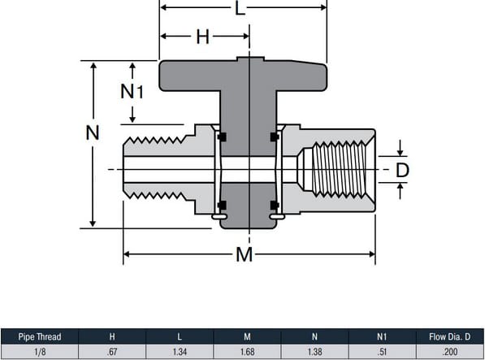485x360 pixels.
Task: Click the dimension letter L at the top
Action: pyautogui.click(x=239, y=10)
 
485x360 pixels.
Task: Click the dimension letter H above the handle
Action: pyautogui.click(x=203, y=37)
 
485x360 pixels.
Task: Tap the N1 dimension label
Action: pyautogui.click(x=132, y=92)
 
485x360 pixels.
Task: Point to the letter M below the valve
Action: pyautogui.click(x=244, y=255)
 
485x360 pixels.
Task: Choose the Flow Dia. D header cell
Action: pyautogui.click(x=448, y=336)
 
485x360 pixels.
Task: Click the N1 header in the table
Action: pyautogui.click(x=380, y=336)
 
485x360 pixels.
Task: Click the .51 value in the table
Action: pyautogui.click(x=380, y=351)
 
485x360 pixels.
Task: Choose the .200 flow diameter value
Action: pyautogui.click(x=448, y=351)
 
